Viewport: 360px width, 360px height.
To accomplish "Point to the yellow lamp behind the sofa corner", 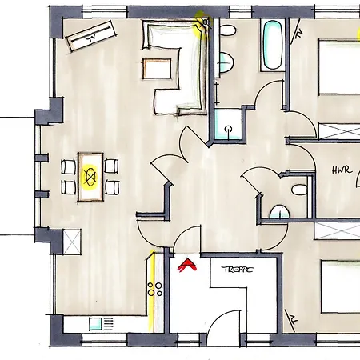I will [x=202, y=23].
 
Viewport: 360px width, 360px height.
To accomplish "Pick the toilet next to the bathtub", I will [x=228, y=32].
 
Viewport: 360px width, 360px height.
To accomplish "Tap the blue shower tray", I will [x=229, y=123].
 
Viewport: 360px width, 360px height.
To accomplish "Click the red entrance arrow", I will [x=188, y=264].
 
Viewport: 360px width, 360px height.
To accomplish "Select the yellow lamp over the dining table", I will [x=90, y=175].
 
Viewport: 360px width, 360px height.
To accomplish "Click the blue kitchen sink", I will [x=99, y=325].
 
